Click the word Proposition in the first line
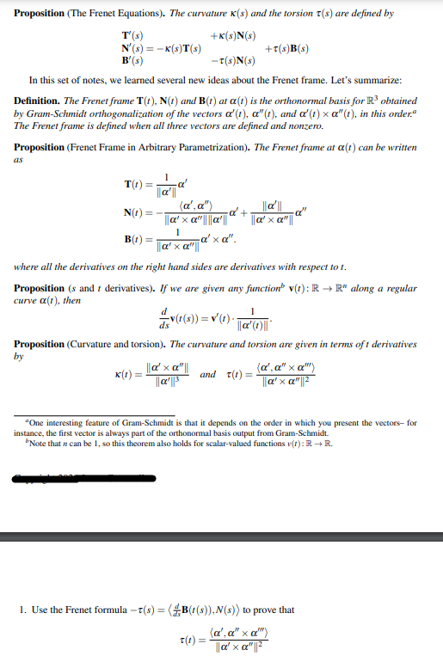tap(44, 14)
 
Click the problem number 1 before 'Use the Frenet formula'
tap(21, 610)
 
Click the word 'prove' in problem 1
tap(265, 610)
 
